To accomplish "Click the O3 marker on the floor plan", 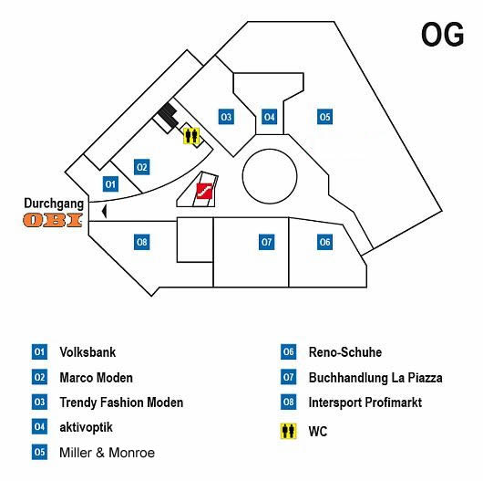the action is [226, 117].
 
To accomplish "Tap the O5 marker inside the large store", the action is [324, 117].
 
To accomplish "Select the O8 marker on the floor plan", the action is [141, 242].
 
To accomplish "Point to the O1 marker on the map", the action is [110, 184].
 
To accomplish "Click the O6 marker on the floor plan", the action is [324, 242].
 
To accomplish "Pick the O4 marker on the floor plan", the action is [269, 117].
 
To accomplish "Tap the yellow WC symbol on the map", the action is [191, 136].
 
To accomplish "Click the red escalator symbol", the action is [204, 192].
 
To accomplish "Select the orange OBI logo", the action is [53, 220].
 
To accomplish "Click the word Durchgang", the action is [54, 204].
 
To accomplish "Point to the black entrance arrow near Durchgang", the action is [105, 211].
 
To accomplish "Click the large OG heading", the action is [442, 35].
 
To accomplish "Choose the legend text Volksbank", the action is [87, 352].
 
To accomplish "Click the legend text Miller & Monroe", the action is [107, 453].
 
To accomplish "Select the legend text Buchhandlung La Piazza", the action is [375, 378].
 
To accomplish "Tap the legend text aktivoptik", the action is [87, 427].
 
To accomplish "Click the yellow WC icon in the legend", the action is [288, 431].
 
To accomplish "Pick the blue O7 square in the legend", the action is [288, 377].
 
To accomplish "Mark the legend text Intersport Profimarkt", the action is [365, 403].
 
